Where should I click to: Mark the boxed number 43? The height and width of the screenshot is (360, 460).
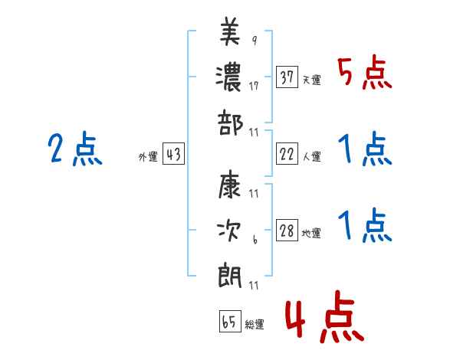(173, 155)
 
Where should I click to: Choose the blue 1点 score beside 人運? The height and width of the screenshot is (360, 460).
(365, 149)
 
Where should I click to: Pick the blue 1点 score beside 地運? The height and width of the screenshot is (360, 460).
(365, 226)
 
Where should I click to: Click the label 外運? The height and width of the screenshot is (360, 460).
(147, 157)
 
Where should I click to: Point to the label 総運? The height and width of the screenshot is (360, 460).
(255, 325)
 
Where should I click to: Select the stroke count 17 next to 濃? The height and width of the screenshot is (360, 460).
(254, 86)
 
